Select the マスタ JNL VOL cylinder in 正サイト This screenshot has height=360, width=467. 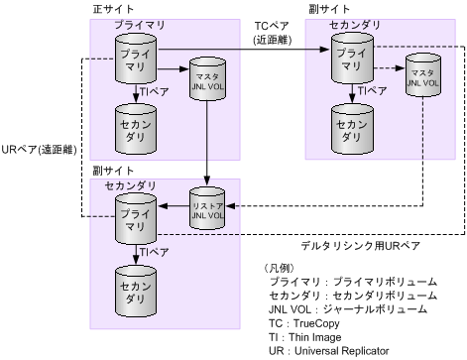(206, 79)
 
